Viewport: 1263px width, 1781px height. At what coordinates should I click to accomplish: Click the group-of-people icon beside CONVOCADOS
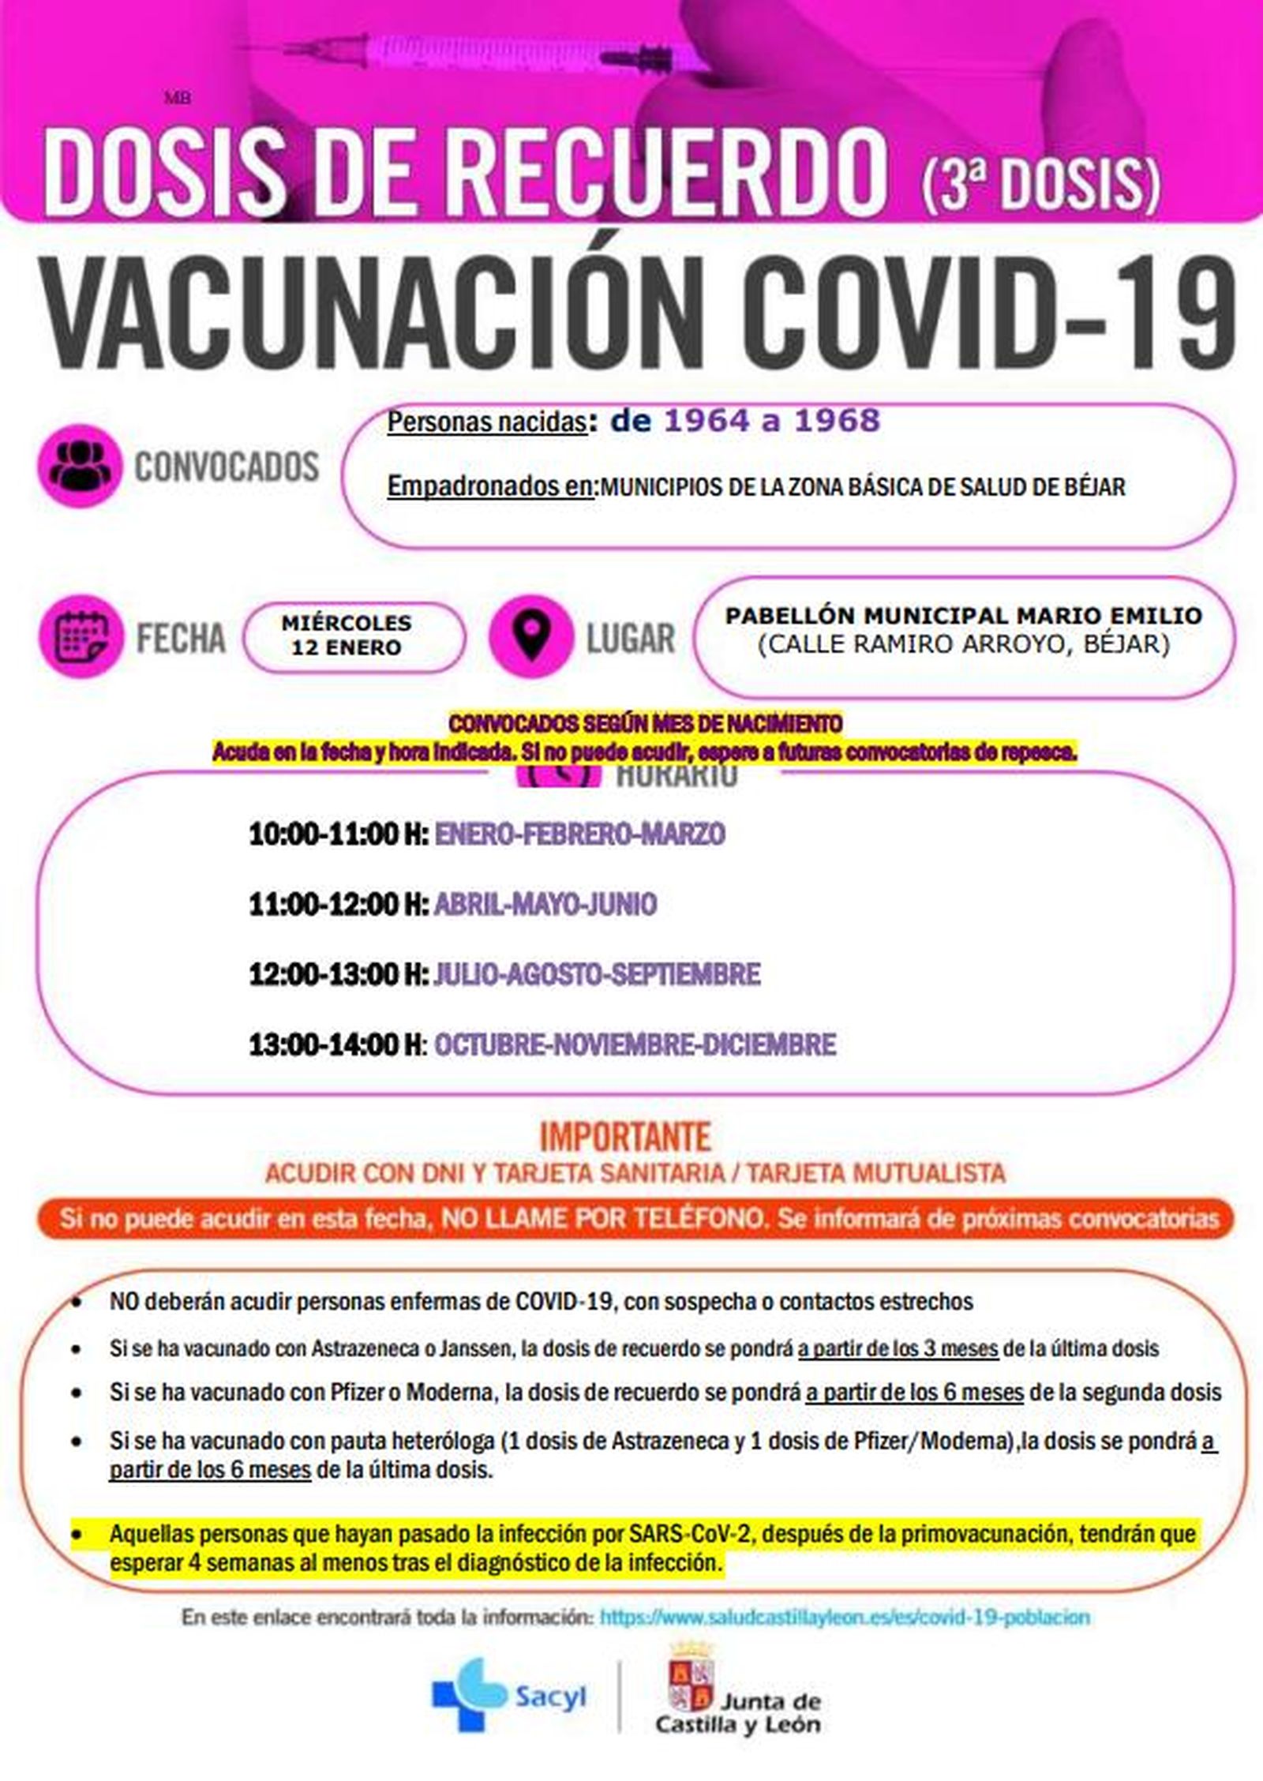tap(79, 466)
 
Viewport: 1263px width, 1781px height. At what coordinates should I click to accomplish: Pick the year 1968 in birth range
tap(836, 421)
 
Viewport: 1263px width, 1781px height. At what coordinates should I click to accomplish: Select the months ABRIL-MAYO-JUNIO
tap(545, 904)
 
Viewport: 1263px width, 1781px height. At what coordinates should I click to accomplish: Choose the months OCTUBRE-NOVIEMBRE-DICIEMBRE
tap(635, 1044)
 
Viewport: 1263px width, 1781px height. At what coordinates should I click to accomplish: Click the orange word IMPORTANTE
tap(625, 1137)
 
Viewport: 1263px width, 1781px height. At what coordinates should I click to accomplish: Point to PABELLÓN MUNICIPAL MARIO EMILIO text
tap(964, 615)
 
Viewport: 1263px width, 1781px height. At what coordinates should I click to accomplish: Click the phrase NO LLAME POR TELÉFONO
tap(603, 1219)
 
